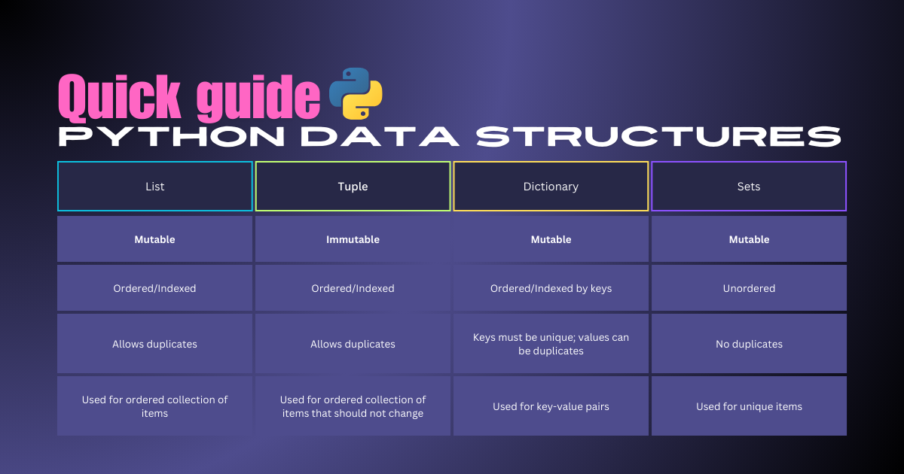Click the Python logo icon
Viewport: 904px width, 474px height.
click(x=356, y=93)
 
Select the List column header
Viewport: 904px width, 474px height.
click(x=154, y=187)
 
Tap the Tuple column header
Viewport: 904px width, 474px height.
click(x=353, y=187)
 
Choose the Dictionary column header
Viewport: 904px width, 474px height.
click(x=551, y=187)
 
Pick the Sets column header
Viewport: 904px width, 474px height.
click(x=749, y=187)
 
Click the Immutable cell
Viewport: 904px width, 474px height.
click(x=353, y=239)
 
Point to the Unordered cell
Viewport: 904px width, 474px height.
click(x=749, y=288)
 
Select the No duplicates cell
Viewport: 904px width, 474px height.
click(x=749, y=344)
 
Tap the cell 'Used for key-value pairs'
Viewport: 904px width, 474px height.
click(x=551, y=406)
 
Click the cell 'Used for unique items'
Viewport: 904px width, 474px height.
click(x=749, y=406)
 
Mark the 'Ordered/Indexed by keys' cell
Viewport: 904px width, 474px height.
click(x=551, y=288)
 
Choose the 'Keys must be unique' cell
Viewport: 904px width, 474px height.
click(x=551, y=344)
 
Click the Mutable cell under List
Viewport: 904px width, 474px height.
click(x=154, y=239)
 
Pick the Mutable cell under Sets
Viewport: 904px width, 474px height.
click(x=749, y=239)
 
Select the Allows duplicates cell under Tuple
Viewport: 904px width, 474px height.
click(x=353, y=344)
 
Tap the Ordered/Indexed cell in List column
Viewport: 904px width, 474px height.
click(x=154, y=288)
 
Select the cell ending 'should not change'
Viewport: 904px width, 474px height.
click(x=353, y=406)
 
